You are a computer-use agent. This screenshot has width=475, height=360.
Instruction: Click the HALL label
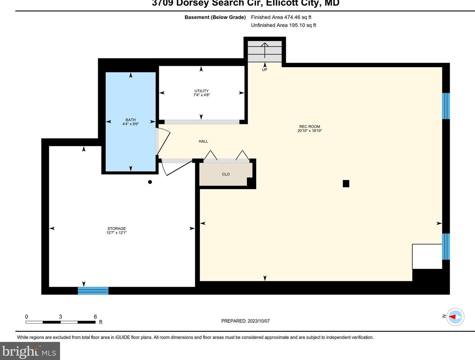point(203,141)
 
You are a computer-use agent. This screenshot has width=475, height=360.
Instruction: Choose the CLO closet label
point(226,174)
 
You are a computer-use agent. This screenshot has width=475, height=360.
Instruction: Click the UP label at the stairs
point(265,70)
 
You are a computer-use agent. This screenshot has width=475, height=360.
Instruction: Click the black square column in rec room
point(346,184)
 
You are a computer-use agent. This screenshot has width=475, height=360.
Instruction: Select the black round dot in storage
point(150,182)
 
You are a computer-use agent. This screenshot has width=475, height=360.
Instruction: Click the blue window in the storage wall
point(93,290)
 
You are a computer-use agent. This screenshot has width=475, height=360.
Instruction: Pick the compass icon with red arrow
point(455,316)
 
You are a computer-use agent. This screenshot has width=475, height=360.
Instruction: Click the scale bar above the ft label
point(61,322)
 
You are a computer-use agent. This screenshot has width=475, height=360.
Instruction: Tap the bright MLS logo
point(30,351)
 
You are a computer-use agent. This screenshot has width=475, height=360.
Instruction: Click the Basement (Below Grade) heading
point(215,17)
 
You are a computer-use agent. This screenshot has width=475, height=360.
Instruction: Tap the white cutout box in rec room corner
point(427,256)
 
